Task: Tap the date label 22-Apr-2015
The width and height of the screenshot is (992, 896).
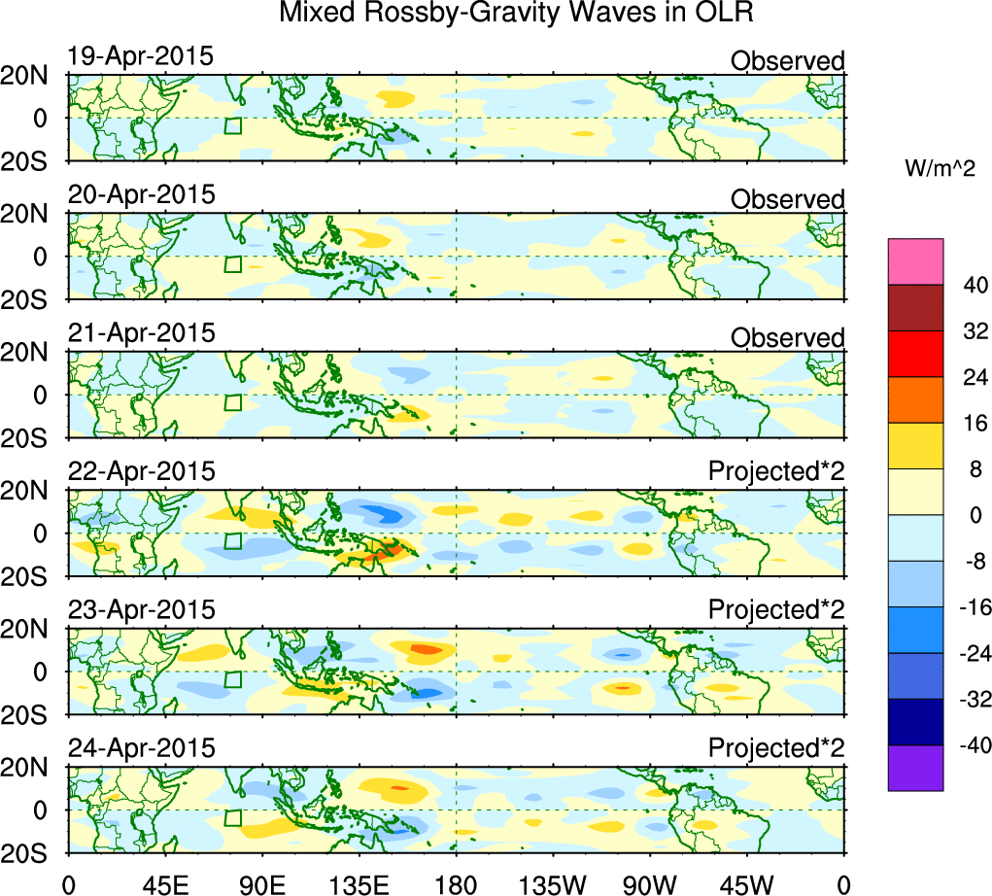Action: point(141,472)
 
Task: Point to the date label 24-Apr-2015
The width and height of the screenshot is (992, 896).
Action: point(141,749)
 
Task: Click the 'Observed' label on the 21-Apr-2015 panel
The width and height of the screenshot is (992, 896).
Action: point(787,338)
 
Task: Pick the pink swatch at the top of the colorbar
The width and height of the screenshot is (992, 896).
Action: point(915,260)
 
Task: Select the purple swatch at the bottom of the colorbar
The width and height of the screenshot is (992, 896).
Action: point(915,768)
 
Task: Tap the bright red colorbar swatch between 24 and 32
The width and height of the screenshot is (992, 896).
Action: point(915,353)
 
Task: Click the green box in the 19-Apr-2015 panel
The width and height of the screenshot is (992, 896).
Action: point(232,125)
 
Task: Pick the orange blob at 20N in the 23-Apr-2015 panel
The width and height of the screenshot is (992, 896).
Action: point(425,648)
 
